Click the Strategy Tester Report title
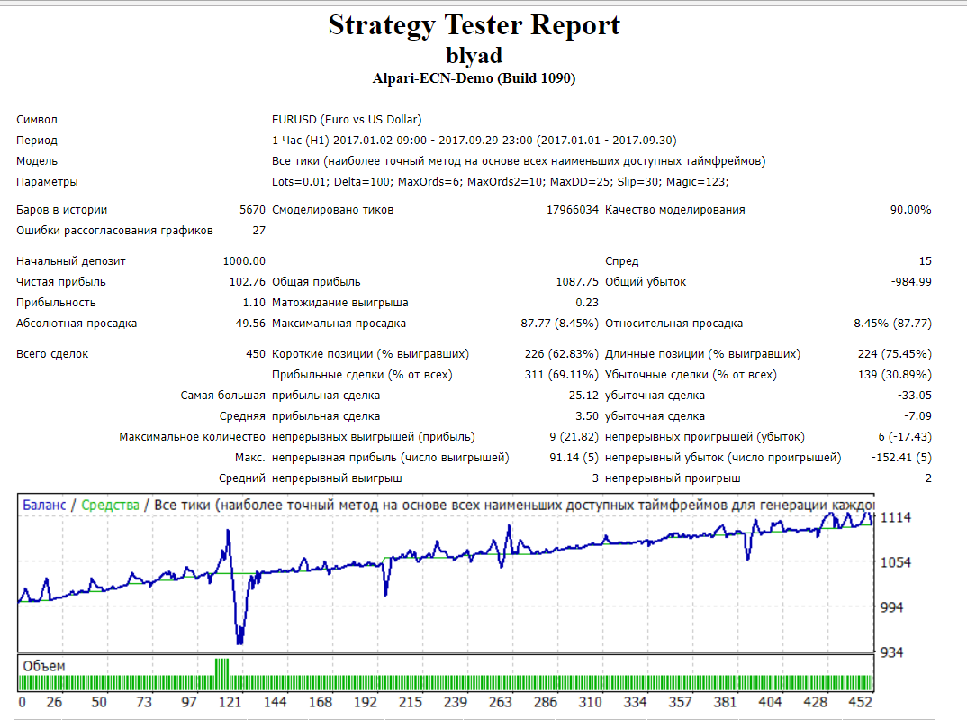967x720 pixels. (474, 24)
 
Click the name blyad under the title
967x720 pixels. (474, 54)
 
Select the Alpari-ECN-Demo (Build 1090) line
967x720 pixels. (474, 78)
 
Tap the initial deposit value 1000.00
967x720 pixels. (244, 261)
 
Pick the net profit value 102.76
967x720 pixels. (249, 282)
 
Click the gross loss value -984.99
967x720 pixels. (910, 282)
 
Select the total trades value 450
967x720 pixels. (256, 354)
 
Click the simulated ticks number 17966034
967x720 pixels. (573, 210)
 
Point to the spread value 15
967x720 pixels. (925, 261)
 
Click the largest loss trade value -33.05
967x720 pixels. (914, 396)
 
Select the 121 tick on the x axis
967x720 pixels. (231, 702)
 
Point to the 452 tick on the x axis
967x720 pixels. (863, 702)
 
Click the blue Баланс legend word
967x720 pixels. (44, 506)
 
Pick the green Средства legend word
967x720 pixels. (110, 506)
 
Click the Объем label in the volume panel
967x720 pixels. (44, 666)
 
